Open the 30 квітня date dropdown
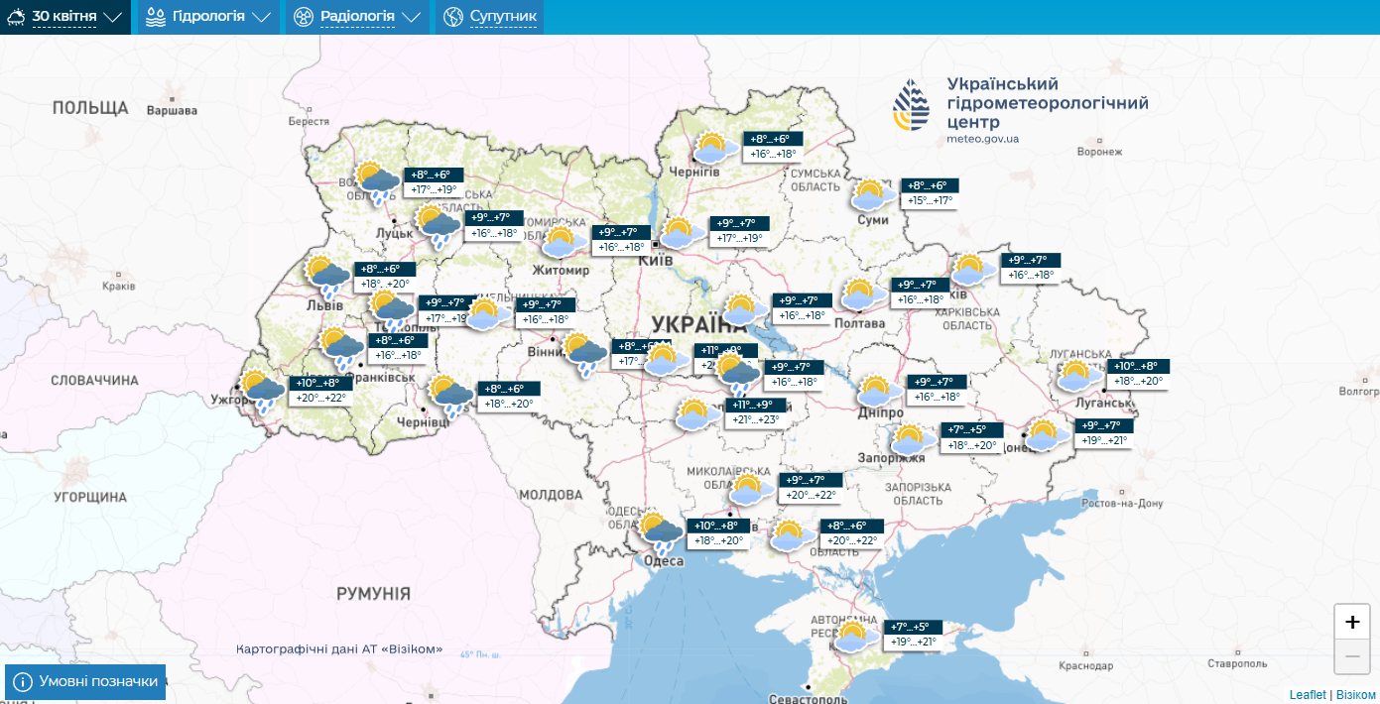65,17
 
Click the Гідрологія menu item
207,17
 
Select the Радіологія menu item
357,17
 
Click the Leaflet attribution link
1308,695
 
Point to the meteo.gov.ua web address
982,140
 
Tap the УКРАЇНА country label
699,323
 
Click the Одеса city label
664,561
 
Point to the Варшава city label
172,111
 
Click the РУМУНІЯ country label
373,594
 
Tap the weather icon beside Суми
870,194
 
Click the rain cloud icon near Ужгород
262,392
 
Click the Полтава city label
861,323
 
